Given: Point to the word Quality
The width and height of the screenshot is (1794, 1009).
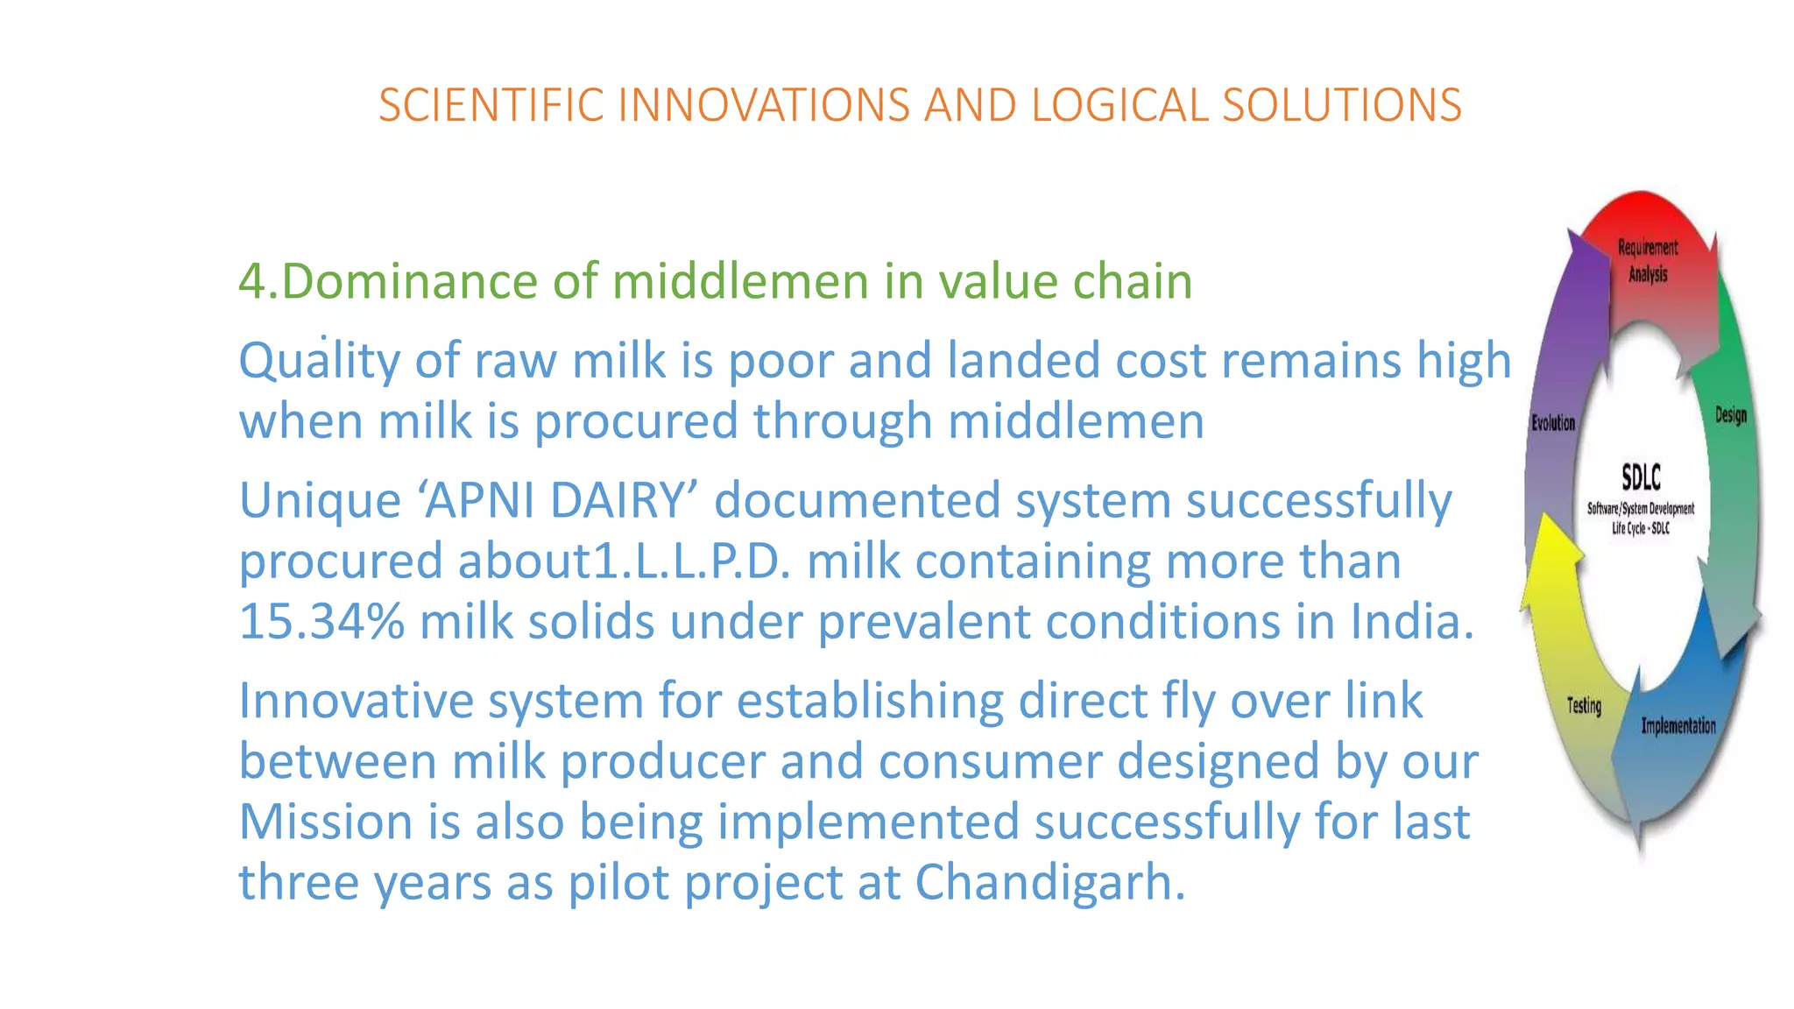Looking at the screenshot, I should (319, 362).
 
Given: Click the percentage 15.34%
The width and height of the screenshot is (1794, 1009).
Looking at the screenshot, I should (321, 622).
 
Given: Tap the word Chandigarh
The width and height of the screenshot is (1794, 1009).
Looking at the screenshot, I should (1049, 882).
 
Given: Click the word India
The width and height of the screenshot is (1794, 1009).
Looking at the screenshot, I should (1410, 622).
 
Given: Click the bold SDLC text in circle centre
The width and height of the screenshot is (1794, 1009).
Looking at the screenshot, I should (1641, 478).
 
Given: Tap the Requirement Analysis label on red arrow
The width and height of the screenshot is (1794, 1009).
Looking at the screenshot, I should (1647, 261).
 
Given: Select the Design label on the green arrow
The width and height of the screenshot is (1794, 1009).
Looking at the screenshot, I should (1730, 415).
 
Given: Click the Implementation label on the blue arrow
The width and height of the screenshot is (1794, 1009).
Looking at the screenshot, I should (1677, 725).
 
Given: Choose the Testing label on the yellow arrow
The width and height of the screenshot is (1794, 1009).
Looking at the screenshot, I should (1584, 705).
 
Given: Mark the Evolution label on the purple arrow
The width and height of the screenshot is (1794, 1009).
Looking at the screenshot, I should (1553, 423).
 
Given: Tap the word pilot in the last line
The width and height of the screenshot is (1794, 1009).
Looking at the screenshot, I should (619, 882).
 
